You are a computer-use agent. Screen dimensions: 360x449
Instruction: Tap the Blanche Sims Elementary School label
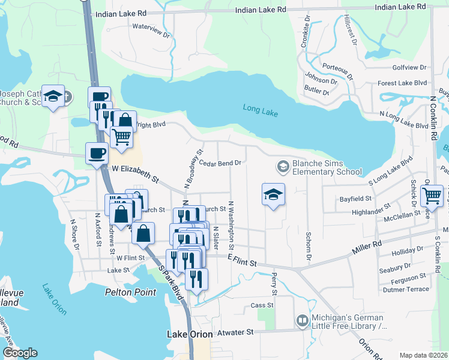[x=327, y=167]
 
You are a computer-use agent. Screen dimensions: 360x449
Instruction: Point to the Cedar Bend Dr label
[x=220, y=163]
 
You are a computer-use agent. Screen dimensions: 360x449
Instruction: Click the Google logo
[x=20, y=353]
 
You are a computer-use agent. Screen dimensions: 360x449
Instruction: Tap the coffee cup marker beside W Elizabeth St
[x=97, y=153]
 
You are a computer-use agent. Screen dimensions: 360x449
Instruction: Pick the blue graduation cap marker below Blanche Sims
[x=273, y=194]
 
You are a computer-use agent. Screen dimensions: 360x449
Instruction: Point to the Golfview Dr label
[x=409, y=68]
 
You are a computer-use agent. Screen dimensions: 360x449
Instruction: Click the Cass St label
[x=262, y=305]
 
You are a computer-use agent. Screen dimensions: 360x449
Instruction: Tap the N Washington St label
[x=231, y=226]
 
